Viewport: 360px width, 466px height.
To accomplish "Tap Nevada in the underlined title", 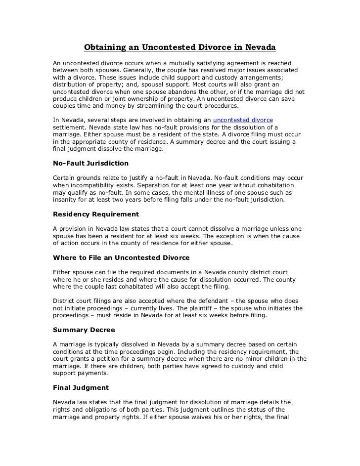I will coord(259,48).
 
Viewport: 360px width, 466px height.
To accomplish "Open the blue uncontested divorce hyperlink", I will coord(242,121).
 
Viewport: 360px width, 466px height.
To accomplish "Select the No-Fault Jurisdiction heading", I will coord(90,163).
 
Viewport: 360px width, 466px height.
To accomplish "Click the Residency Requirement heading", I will coord(95,214).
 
